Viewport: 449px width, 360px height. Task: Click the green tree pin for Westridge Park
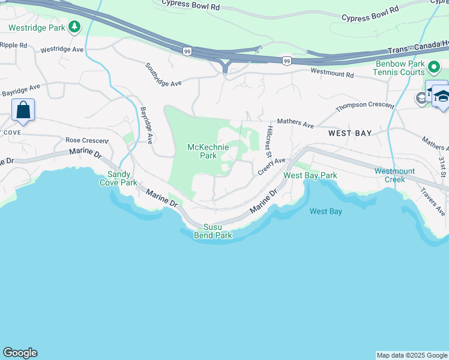click(x=74, y=26)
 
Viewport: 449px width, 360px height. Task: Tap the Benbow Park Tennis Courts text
click(x=400, y=68)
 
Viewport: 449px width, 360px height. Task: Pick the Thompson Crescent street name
click(x=365, y=106)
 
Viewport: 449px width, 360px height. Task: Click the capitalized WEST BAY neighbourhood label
click(x=350, y=133)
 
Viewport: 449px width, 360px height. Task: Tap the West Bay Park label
click(x=310, y=175)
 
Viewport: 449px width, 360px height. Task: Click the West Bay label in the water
click(x=326, y=211)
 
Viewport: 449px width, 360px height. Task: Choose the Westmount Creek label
click(x=394, y=175)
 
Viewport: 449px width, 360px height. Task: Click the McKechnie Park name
click(x=208, y=151)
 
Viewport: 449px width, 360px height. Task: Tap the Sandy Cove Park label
click(x=122, y=178)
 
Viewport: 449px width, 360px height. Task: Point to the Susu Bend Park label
click(x=212, y=231)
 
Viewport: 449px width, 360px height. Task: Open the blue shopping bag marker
click(x=23, y=110)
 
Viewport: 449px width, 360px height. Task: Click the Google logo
click(x=20, y=353)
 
